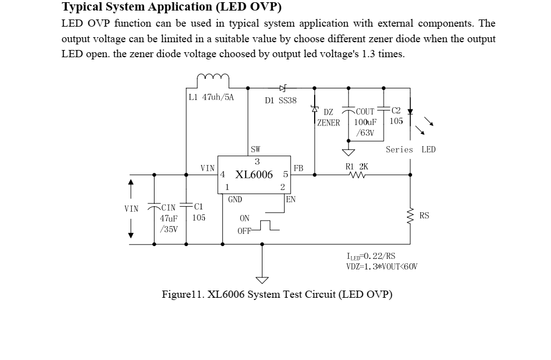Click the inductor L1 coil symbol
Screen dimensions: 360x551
[x=213, y=78]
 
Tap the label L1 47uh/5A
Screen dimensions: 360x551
[x=211, y=97]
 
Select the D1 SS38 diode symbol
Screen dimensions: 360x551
[x=282, y=88]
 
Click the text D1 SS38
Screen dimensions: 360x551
[x=281, y=101]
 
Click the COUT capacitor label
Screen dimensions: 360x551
[x=365, y=112]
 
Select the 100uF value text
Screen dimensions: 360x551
[x=365, y=122]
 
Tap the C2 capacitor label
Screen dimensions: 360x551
[x=396, y=111]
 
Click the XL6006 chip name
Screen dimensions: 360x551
[x=254, y=174]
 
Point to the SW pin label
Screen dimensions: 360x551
[x=255, y=149]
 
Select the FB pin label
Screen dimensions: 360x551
[x=299, y=168]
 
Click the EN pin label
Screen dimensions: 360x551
[x=290, y=199]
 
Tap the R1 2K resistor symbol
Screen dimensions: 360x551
[x=356, y=175]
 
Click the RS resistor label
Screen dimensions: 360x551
[x=424, y=216]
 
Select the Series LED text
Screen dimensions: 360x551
[x=410, y=149]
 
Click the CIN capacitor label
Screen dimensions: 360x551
[x=168, y=208]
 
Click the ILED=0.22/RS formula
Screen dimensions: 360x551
[x=371, y=257]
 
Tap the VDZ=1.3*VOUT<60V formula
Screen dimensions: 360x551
[x=381, y=267]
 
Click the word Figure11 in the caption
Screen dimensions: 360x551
[x=183, y=294]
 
